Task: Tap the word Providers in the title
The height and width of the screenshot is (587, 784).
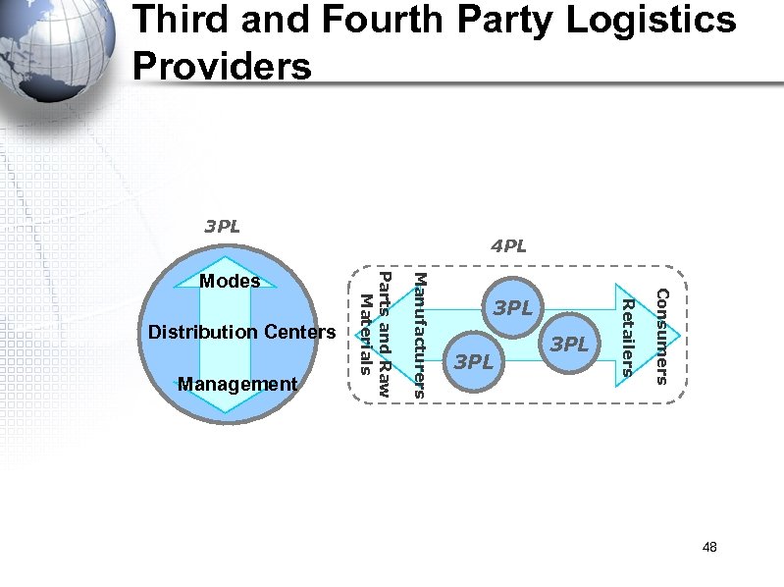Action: (222, 66)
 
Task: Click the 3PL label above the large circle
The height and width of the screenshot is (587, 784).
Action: (223, 227)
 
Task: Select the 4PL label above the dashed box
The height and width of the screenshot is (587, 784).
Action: (509, 246)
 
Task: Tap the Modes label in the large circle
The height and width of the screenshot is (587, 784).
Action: (230, 282)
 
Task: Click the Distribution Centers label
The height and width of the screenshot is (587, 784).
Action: (241, 333)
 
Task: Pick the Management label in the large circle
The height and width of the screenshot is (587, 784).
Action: (237, 384)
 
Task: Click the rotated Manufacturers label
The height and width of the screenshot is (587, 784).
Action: (417, 333)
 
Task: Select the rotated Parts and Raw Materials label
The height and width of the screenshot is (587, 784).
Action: (376, 333)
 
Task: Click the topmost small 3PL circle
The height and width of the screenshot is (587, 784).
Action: (513, 308)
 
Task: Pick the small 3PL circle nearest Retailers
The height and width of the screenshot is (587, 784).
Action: (569, 345)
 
